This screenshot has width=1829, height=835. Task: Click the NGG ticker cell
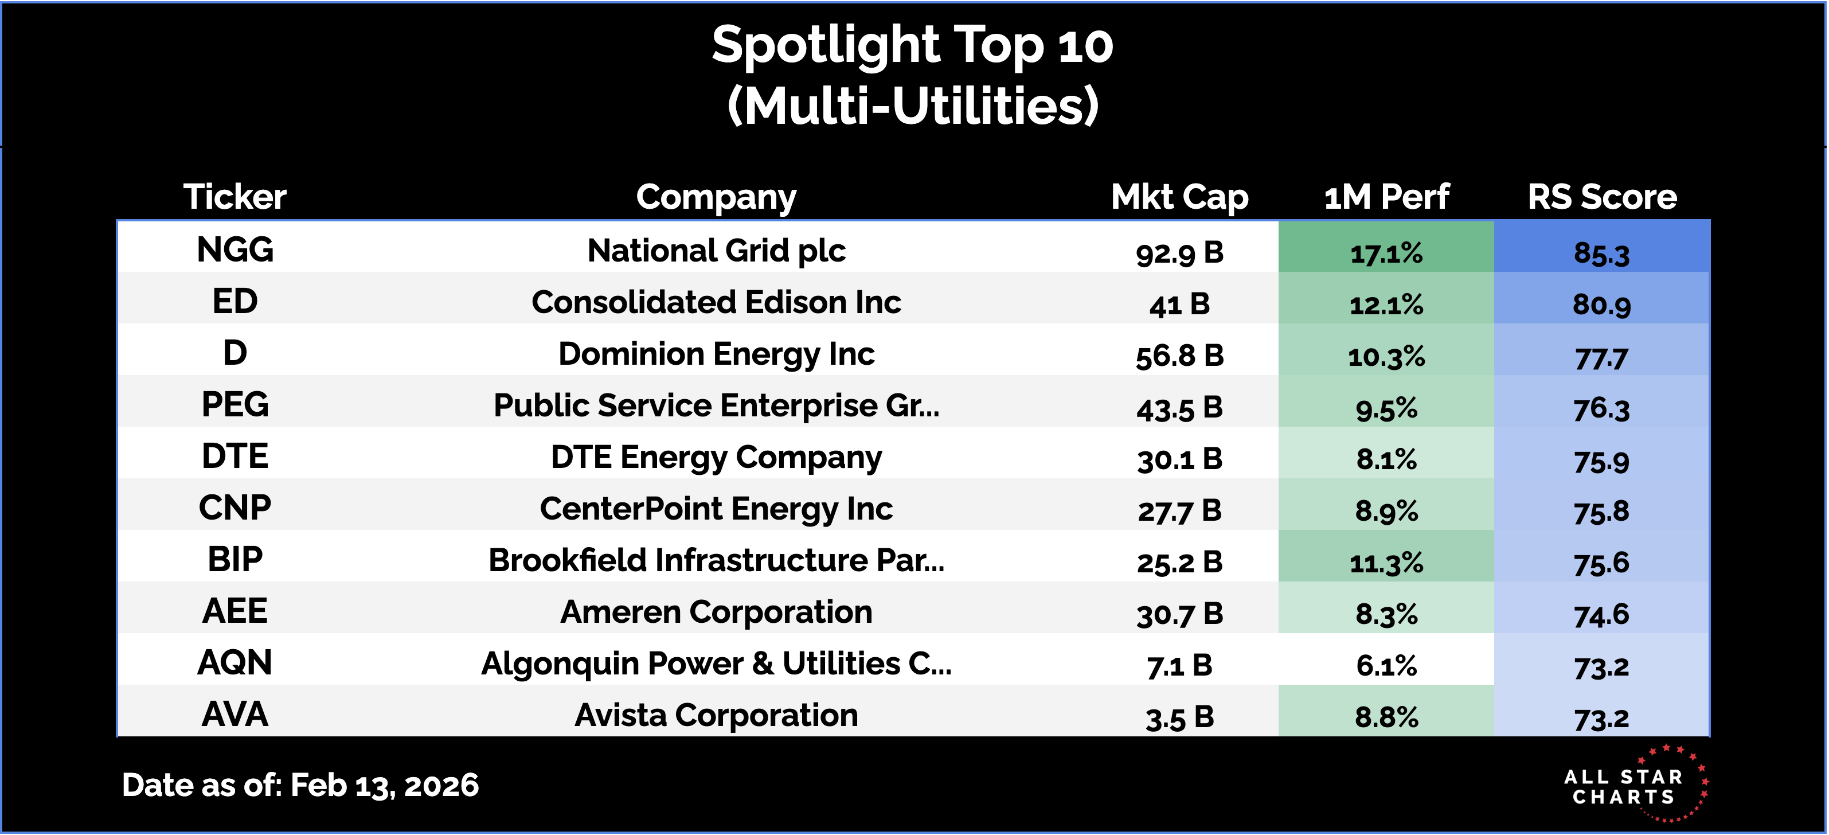tap(235, 250)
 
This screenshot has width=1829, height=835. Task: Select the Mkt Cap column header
tap(1179, 197)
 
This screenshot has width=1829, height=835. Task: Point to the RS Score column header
tap(1602, 197)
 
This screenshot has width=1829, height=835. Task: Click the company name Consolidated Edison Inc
tap(716, 302)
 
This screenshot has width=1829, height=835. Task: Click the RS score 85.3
tap(1602, 253)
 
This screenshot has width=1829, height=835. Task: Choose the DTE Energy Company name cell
tap(716, 457)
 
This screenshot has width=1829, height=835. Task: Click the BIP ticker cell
tap(235, 560)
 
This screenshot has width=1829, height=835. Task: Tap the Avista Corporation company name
tap(716, 715)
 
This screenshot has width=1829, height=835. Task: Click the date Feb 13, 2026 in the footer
tap(384, 785)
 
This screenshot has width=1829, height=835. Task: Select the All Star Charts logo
tap(1633, 785)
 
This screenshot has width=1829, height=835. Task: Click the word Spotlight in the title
tap(826, 45)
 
